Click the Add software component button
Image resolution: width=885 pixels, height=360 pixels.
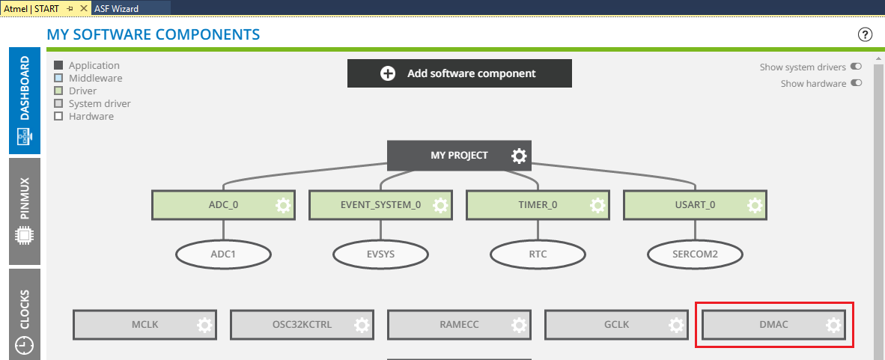(x=459, y=73)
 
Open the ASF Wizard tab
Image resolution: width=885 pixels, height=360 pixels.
(x=117, y=7)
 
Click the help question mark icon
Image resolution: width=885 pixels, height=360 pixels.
(x=866, y=34)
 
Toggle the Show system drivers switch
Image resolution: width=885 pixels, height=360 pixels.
(x=856, y=67)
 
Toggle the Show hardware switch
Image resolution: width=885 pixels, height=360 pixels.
(x=856, y=83)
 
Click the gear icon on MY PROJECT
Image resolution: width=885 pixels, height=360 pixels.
(x=519, y=156)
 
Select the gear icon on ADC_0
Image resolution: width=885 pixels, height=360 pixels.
(x=283, y=205)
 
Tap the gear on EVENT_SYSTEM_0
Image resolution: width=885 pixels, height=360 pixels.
(x=440, y=205)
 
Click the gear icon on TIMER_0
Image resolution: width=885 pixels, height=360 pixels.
(x=597, y=205)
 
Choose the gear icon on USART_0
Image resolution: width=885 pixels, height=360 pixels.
(x=755, y=205)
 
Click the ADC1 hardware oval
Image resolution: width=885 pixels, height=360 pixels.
(x=223, y=254)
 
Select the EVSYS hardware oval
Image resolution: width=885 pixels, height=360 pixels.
(x=380, y=254)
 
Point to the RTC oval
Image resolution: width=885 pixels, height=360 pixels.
(x=538, y=254)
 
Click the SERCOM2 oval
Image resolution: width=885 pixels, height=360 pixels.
(x=695, y=254)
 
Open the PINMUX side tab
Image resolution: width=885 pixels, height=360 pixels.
(x=25, y=210)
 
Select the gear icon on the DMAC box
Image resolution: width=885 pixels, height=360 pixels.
(x=833, y=325)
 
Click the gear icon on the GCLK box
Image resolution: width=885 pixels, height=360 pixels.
(x=676, y=325)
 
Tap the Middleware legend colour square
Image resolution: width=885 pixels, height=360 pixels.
(x=58, y=78)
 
